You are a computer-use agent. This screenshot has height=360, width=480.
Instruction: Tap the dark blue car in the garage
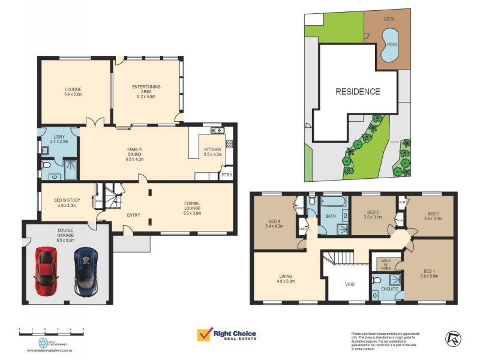pyautogui.click(x=85, y=272)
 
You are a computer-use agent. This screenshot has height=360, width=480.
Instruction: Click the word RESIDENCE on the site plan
pyautogui.click(x=358, y=92)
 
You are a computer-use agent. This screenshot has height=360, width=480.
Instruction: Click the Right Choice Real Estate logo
pyautogui.click(x=227, y=335)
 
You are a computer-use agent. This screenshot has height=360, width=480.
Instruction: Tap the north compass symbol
pyautogui.click(x=454, y=338)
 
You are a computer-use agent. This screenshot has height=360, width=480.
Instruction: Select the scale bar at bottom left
pyautogui.click(x=51, y=329)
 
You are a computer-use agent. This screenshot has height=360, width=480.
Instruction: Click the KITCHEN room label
pyautogui.click(x=213, y=149)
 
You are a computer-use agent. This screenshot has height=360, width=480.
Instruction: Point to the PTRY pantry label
pyautogui.click(x=226, y=175)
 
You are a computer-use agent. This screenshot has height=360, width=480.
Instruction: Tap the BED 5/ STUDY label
pyautogui.click(x=65, y=202)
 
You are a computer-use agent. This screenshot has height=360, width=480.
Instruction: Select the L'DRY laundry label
pyautogui.click(x=59, y=139)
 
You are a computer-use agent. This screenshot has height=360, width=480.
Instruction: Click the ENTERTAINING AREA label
pyautogui.click(x=146, y=90)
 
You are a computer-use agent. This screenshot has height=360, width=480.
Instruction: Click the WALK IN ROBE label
pyautogui.click(x=385, y=264)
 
